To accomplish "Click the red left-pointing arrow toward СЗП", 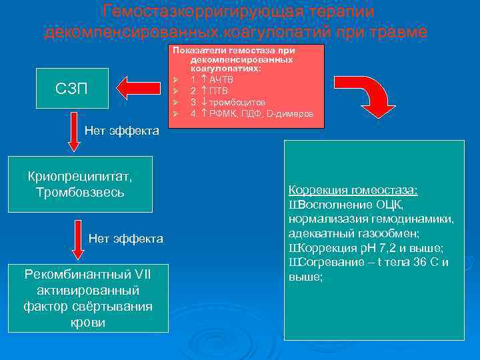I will [x=139, y=87].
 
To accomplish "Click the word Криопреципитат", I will [x=80, y=177].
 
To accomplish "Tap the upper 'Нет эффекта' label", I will [x=122, y=131].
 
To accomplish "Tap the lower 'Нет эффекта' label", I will [x=125, y=239].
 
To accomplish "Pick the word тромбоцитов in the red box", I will [x=237, y=102].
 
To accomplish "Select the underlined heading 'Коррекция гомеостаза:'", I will [x=353, y=190].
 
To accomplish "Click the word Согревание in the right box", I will [x=325, y=263].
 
